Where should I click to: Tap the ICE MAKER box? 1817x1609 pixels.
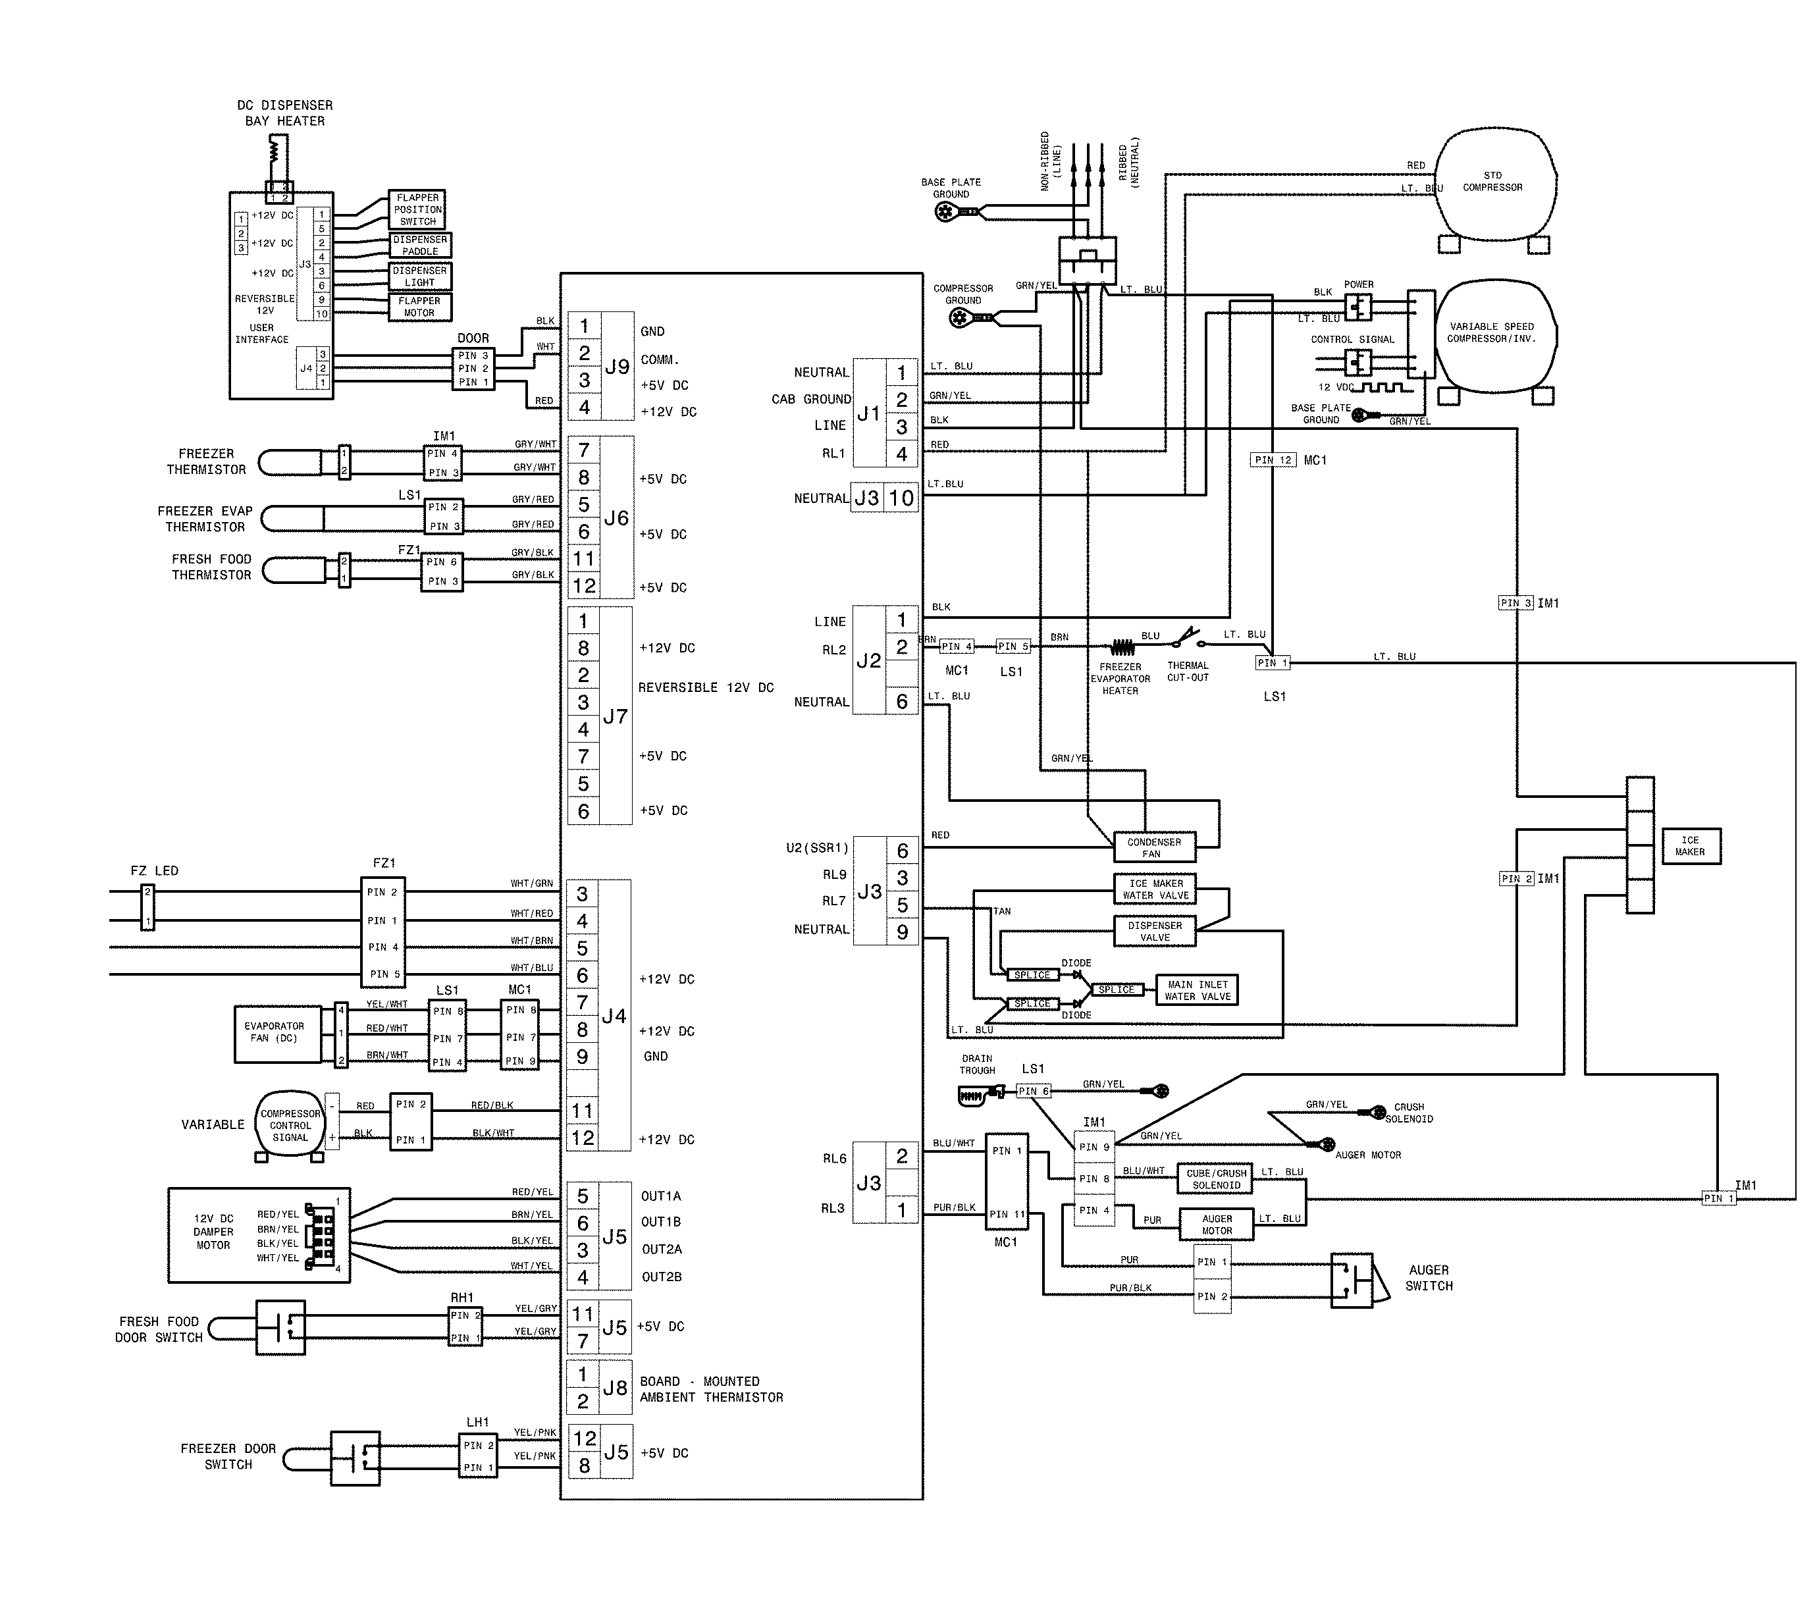pyautogui.click(x=1690, y=845)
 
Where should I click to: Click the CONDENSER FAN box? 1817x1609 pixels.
pyautogui.click(x=1154, y=847)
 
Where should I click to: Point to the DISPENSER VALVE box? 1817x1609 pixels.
pyautogui.click(x=1155, y=931)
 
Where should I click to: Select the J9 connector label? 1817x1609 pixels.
pyautogui.click(x=617, y=366)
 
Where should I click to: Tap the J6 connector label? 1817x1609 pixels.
pyautogui.click(x=616, y=518)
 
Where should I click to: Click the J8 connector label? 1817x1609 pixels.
pyautogui.click(x=615, y=1388)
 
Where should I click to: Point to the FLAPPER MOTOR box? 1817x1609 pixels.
pyautogui.click(x=419, y=307)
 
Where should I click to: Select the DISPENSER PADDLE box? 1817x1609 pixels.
pyautogui.click(x=419, y=246)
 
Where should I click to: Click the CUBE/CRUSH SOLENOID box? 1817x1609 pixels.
pyautogui.click(x=1215, y=1178)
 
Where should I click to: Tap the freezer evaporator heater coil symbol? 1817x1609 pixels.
pyautogui.click(x=1122, y=647)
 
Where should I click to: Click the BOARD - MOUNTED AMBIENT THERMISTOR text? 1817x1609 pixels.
pyautogui.click(x=711, y=1388)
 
